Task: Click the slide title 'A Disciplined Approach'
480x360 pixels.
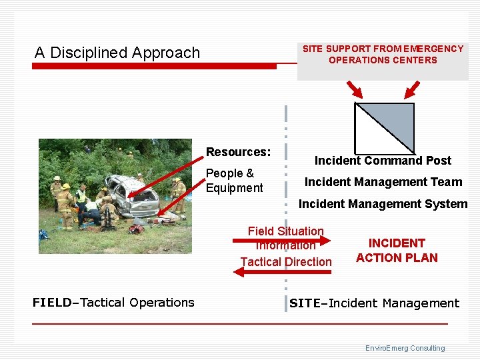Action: pos(117,53)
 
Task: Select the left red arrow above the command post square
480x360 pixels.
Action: pos(354,90)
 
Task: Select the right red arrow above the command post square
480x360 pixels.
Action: pos(411,89)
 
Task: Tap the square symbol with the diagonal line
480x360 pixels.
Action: pos(384,128)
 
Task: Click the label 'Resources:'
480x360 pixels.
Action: pos(238,152)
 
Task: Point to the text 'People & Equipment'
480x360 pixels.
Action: pos(234,181)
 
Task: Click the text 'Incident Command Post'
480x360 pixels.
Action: pos(383,161)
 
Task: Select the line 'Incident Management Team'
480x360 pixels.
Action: pos(383,182)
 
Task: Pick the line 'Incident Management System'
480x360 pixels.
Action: pos(383,204)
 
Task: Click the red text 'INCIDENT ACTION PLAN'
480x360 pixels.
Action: pos(397,251)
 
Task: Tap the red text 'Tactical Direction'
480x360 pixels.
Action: pos(285,262)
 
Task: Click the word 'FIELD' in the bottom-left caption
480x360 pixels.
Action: pos(51,303)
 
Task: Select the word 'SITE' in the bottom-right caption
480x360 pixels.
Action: pos(304,303)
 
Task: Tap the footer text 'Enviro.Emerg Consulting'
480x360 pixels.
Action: pos(405,348)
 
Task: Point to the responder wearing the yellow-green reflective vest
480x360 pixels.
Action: pos(81,197)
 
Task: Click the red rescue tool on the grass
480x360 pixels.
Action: pos(137,229)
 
